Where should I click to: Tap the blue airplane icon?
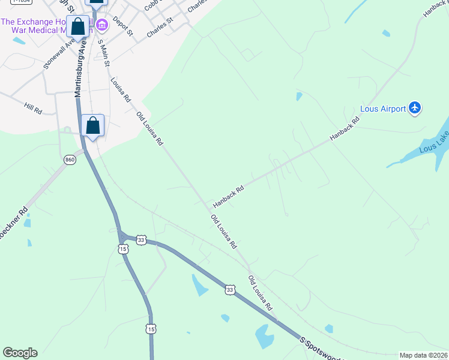(415, 108)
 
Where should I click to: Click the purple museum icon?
(102, 25)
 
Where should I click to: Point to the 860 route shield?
(70, 160)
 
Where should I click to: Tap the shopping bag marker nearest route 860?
(92, 126)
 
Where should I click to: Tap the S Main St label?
(103, 53)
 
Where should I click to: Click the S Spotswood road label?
(324, 349)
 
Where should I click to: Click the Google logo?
(20, 353)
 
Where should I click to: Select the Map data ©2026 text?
(423, 355)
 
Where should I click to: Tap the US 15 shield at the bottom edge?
(151, 329)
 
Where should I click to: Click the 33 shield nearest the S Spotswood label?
(231, 290)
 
